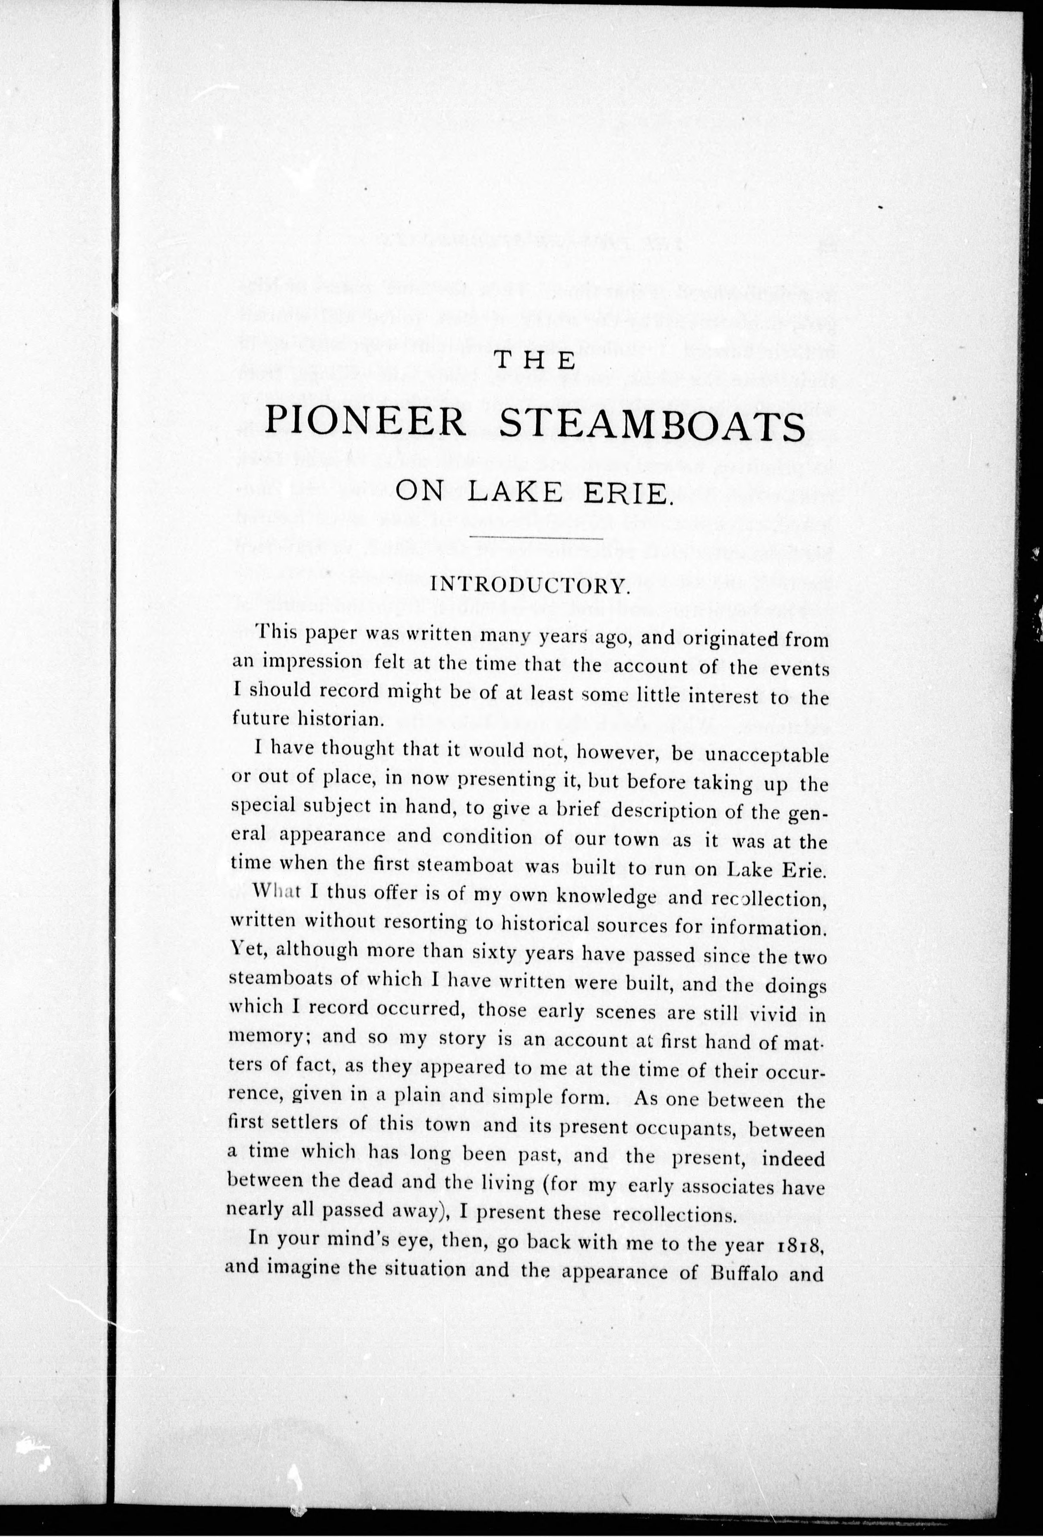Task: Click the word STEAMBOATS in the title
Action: click(x=651, y=424)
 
